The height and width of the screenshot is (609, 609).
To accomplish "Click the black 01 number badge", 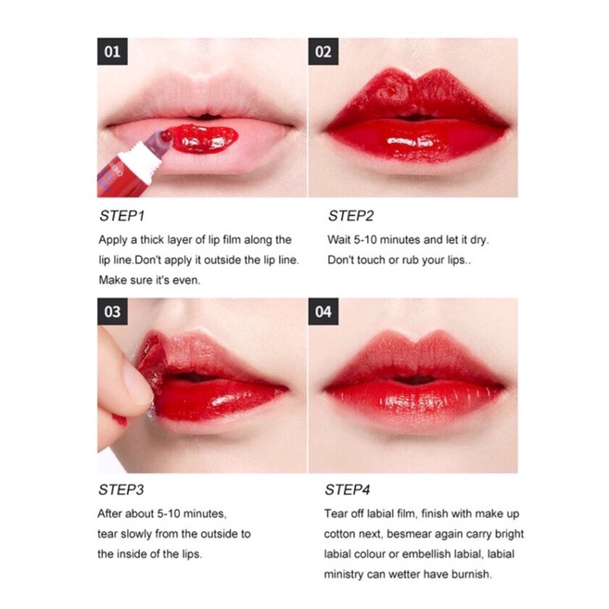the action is (112, 51).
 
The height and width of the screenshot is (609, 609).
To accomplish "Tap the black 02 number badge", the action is (324, 51).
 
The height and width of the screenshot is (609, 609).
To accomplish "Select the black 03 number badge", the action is (112, 311).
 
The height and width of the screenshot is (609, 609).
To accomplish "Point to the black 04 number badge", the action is (324, 311).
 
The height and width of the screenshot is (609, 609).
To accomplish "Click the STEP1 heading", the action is (122, 216).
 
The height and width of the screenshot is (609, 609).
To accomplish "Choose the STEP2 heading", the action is (350, 216).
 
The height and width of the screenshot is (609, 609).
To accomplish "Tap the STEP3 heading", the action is (121, 489).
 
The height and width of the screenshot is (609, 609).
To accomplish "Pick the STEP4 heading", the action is (348, 489).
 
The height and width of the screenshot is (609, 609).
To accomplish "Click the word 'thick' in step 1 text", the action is (152, 240).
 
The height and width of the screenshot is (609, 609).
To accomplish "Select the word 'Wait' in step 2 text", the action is (338, 240).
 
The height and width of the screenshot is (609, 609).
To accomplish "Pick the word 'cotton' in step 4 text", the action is (340, 534).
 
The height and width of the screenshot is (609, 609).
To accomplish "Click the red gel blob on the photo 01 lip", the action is (203, 138).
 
